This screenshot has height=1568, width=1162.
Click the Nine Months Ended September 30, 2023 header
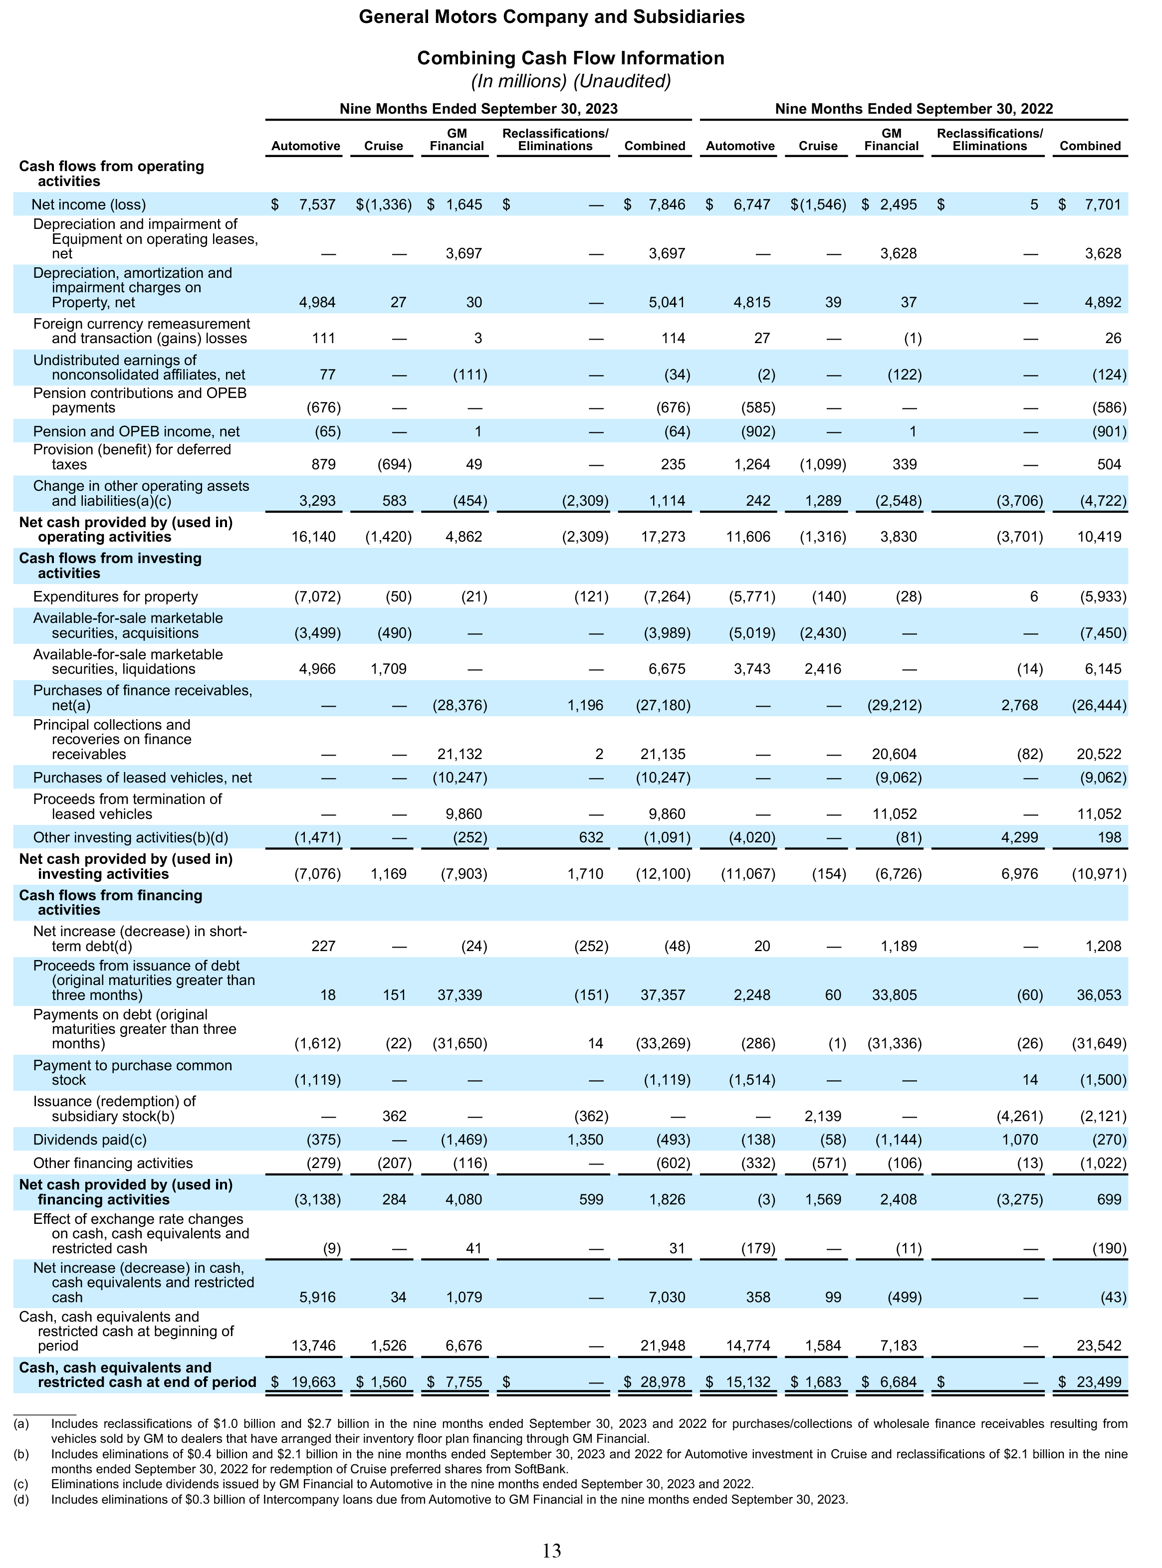click(x=478, y=109)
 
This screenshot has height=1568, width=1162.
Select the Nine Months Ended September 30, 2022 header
click(x=914, y=109)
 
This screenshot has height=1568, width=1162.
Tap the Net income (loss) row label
click(x=89, y=204)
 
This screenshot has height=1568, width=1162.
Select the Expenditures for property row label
click(x=115, y=597)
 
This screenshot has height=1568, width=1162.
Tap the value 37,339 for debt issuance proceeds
click(x=460, y=995)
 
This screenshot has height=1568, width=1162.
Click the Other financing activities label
click(x=113, y=1164)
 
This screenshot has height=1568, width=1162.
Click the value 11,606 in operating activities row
click(x=748, y=537)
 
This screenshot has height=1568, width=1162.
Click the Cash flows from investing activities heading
click(x=110, y=566)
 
